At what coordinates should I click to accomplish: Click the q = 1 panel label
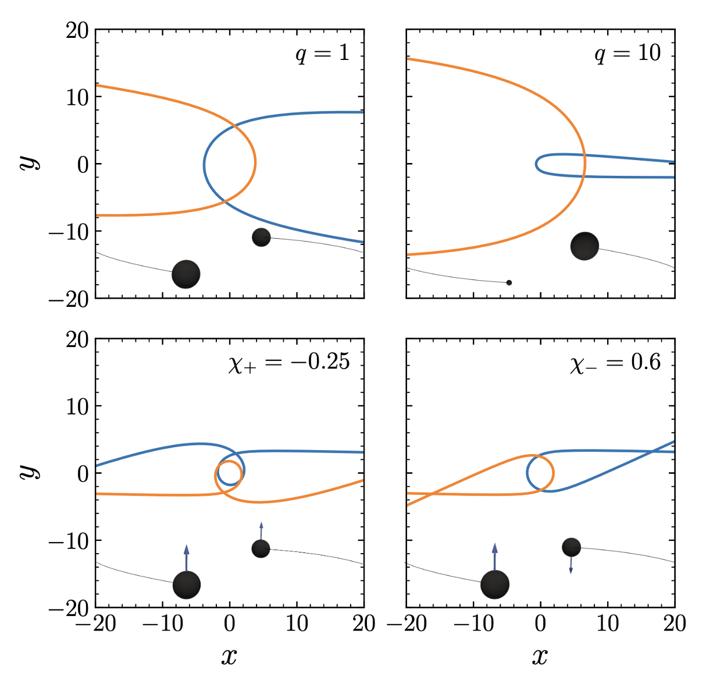322,54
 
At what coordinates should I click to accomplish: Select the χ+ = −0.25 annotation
289,363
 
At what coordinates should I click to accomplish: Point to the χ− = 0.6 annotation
615,363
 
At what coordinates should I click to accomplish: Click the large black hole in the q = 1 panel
186,274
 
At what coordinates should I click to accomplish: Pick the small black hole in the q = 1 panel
261,237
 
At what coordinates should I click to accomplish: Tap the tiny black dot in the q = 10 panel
509,282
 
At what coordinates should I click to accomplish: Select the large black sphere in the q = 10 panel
584,246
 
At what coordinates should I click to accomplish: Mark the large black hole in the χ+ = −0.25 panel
187,585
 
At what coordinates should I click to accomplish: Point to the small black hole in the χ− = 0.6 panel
571,547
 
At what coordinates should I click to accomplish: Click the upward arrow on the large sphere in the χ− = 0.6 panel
495,556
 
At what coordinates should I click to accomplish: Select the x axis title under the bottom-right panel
540,656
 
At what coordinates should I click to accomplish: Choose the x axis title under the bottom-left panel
229,656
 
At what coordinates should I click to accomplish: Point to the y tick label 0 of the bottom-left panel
83,473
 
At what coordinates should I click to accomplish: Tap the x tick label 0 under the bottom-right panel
540,624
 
